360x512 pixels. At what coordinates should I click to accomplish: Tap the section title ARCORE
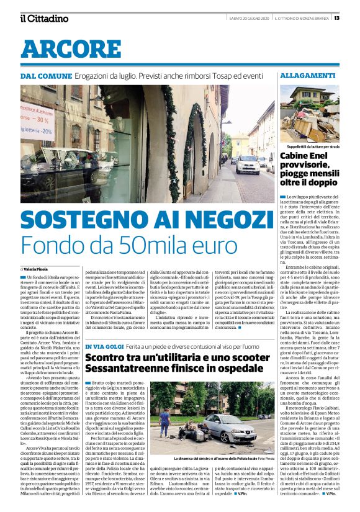62,48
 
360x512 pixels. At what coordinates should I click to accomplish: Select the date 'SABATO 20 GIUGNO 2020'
249,18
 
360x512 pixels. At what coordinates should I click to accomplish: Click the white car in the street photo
248,164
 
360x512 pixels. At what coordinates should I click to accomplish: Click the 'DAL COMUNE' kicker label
43,75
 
